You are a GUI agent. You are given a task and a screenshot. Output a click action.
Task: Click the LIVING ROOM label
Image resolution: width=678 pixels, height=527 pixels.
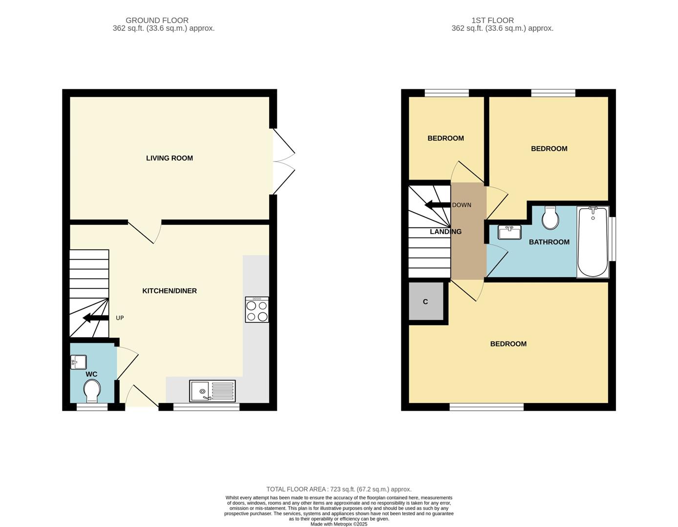click(x=169, y=158)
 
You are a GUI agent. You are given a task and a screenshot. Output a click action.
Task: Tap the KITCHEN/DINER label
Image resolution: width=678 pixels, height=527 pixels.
click(x=169, y=291)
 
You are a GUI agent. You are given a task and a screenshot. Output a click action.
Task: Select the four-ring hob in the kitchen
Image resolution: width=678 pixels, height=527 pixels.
click(x=257, y=310)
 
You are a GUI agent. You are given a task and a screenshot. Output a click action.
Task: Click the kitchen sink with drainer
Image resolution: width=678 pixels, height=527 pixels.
click(x=212, y=391)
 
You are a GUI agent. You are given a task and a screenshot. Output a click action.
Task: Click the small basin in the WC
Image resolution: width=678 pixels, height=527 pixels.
click(x=78, y=362)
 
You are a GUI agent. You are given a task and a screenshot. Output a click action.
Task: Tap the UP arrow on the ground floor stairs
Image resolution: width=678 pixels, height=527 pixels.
click(x=96, y=319)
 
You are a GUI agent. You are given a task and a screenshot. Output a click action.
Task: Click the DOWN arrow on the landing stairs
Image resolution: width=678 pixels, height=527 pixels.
click(x=438, y=205)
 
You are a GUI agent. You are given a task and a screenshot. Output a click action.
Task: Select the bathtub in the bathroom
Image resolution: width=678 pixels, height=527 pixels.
click(x=593, y=242)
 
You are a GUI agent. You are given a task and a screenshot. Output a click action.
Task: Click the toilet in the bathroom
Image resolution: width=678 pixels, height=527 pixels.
click(x=551, y=218)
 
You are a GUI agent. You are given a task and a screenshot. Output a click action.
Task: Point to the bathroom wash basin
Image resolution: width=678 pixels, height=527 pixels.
click(x=509, y=232)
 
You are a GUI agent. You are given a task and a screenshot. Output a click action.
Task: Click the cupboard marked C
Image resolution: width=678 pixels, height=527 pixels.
click(x=425, y=302)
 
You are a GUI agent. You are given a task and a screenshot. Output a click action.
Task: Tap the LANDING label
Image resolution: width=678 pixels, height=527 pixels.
click(x=445, y=232)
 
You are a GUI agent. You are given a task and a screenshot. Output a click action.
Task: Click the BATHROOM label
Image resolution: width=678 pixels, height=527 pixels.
click(x=549, y=242)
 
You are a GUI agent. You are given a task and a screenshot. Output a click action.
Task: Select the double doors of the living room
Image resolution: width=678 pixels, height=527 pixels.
click(x=284, y=162)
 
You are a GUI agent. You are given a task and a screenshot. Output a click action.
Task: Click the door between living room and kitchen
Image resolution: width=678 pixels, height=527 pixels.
click(x=145, y=232)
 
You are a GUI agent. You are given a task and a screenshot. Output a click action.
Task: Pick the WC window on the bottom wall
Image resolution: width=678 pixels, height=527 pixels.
click(x=92, y=407)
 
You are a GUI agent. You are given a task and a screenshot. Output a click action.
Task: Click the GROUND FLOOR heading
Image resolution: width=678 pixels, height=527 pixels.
click(x=157, y=20)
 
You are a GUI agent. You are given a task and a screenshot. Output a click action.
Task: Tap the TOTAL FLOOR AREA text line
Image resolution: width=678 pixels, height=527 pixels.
click(x=339, y=489)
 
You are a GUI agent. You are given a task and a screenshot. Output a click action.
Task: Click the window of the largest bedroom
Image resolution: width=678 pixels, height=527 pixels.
click(x=487, y=407)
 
